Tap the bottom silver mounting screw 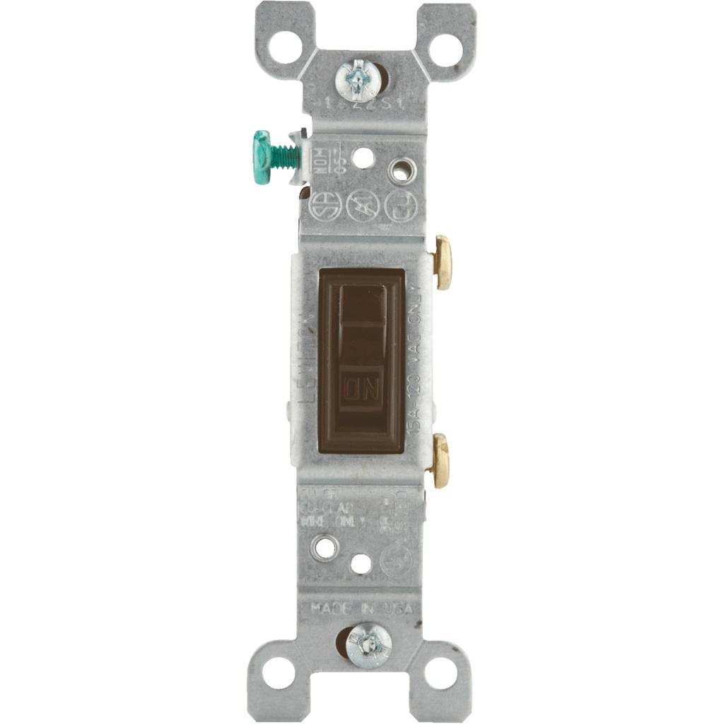pos(368,645)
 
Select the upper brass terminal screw pos(443,262)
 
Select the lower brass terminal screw pos(440,460)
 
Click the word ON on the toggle pos(361,387)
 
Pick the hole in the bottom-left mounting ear pos(278,672)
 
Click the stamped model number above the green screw pos(361,104)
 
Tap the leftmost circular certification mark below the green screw pos(327,205)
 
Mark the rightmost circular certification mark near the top pos(402,205)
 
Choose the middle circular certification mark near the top pos(364,205)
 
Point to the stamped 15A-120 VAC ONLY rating pos(416,361)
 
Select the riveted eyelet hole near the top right pos(402,170)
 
